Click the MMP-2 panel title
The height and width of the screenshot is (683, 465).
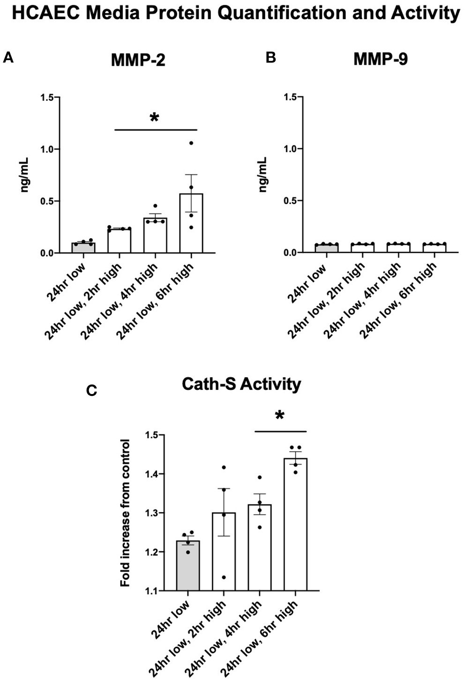(x=138, y=60)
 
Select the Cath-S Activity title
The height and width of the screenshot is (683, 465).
(x=241, y=384)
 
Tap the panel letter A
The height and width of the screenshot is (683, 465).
(x=8, y=58)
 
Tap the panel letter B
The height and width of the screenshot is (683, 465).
(x=270, y=58)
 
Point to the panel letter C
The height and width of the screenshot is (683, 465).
(x=92, y=390)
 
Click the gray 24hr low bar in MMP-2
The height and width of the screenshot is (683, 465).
(x=83, y=248)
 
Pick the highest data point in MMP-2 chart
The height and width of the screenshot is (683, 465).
(x=191, y=143)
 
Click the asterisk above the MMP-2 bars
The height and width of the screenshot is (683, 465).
(x=154, y=118)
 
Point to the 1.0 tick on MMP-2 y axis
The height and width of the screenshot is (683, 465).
(x=47, y=149)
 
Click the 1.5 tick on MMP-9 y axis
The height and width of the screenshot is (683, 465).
(x=291, y=97)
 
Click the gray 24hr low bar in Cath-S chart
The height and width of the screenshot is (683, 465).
(x=188, y=565)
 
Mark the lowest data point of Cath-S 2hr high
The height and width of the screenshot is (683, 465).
(x=224, y=577)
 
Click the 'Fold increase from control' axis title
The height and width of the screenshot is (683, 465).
(x=125, y=512)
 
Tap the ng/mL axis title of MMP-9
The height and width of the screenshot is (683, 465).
(x=263, y=175)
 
